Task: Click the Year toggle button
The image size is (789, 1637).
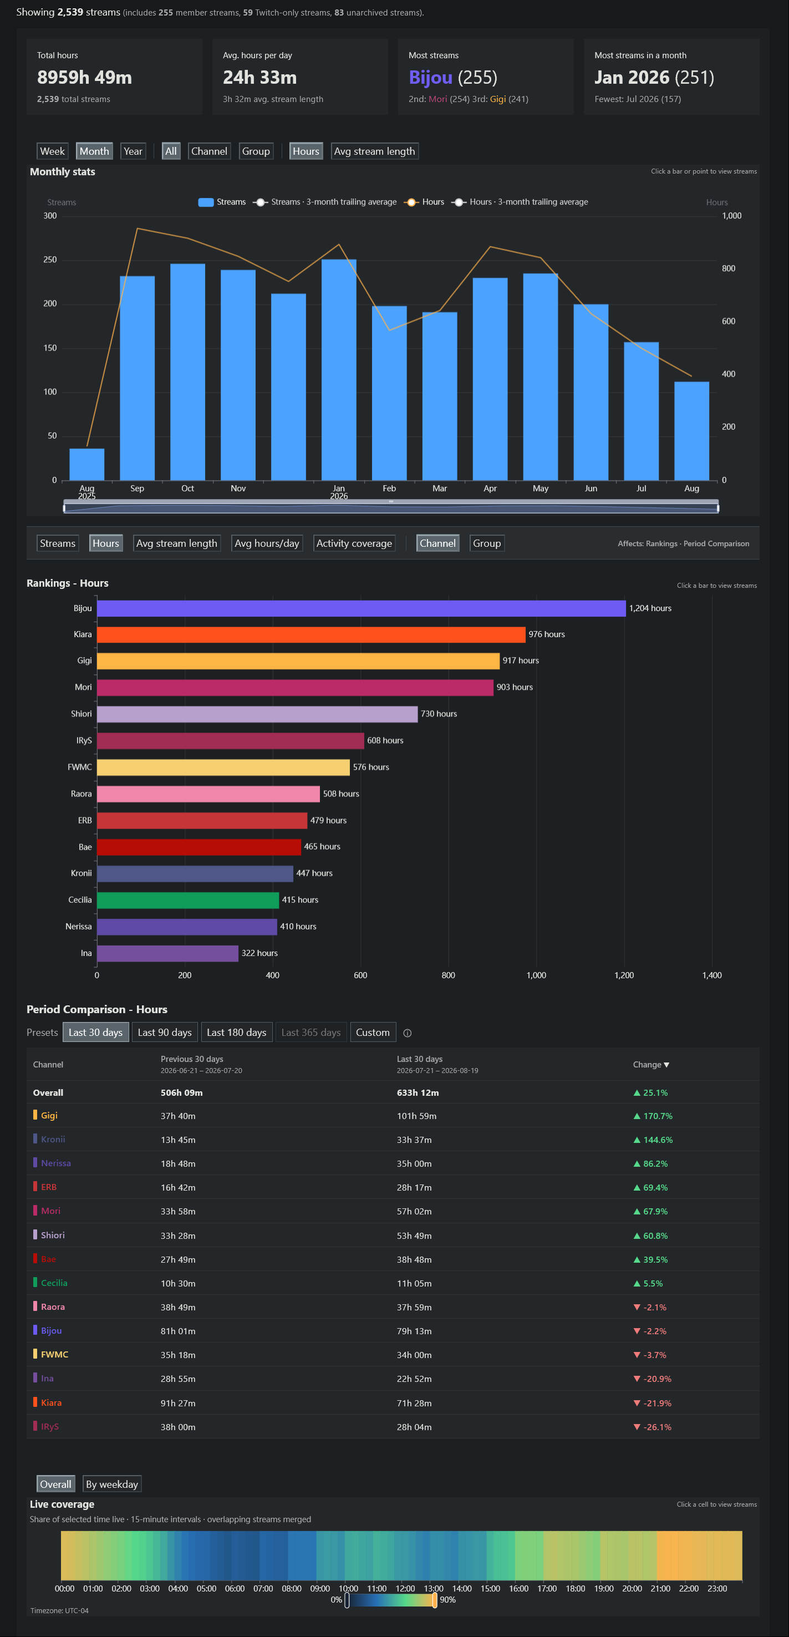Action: coord(133,151)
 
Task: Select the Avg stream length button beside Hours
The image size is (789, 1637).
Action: coord(374,151)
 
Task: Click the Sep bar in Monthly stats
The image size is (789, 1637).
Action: coord(137,378)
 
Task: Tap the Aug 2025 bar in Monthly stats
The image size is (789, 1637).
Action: coord(87,465)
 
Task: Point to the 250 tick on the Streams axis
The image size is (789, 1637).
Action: coord(50,260)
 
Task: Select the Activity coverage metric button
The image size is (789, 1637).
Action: coord(354,543)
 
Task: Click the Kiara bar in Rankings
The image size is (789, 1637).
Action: coord(311,634)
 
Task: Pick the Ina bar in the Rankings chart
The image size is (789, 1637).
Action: coord(167,953)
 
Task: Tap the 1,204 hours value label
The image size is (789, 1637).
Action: coord(650,608)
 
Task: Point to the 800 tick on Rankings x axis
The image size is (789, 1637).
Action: coord(449,975)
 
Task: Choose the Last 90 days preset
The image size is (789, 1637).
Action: coord(165,1032)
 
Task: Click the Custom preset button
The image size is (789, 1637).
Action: coord(373,1032)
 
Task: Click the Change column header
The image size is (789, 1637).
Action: coord(651,1064)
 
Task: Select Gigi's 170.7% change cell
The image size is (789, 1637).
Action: coord(653,1116)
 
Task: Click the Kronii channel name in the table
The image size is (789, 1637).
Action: coord(53,1140)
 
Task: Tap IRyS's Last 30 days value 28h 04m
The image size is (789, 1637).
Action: coord(414,1427)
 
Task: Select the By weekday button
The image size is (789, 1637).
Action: coord(112,1484)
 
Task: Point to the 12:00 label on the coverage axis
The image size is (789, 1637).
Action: coord(405,1588)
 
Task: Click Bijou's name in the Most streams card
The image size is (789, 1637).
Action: coord(431,78)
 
